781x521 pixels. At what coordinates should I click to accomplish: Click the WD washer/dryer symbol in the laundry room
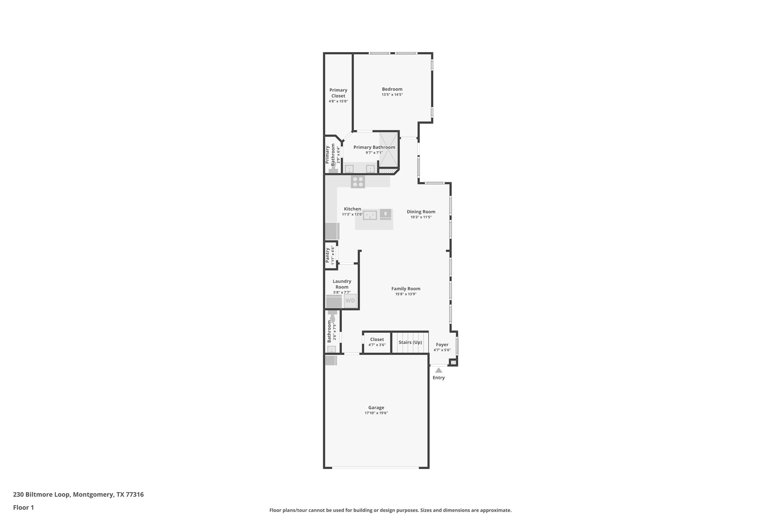[x=350, y=301]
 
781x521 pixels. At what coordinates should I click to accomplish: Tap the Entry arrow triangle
[x=438, y=370]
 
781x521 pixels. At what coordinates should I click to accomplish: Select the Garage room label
[x=376, y=408]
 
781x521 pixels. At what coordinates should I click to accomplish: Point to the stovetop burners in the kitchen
[x=358, y=182]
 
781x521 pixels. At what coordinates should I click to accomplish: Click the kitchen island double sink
[x=370, y=215]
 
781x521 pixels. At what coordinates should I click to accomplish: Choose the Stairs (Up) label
[x=410, y=342]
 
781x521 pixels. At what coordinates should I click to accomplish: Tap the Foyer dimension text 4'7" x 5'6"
[x=442, y=350]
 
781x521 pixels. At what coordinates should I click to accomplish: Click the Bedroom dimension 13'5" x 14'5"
[x=392, y=95]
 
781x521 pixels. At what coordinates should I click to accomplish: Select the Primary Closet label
[x=338, y=93]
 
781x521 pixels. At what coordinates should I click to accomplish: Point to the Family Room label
[x=406, y=289]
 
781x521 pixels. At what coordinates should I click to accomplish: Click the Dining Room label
[x=421, y=212]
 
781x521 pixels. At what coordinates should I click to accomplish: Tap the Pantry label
[x=328, y=255]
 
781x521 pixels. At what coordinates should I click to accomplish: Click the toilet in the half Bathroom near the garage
[x=332, y=317]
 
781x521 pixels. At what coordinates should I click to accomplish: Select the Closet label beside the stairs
[x=377, y=339]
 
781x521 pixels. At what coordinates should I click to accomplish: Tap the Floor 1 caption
[x=23, y=508]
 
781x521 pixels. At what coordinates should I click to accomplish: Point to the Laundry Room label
[x=342, y=284]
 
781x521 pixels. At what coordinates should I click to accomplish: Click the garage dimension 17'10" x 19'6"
[x=376, y=413]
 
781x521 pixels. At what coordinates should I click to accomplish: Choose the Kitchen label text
[x=352, y=209]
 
